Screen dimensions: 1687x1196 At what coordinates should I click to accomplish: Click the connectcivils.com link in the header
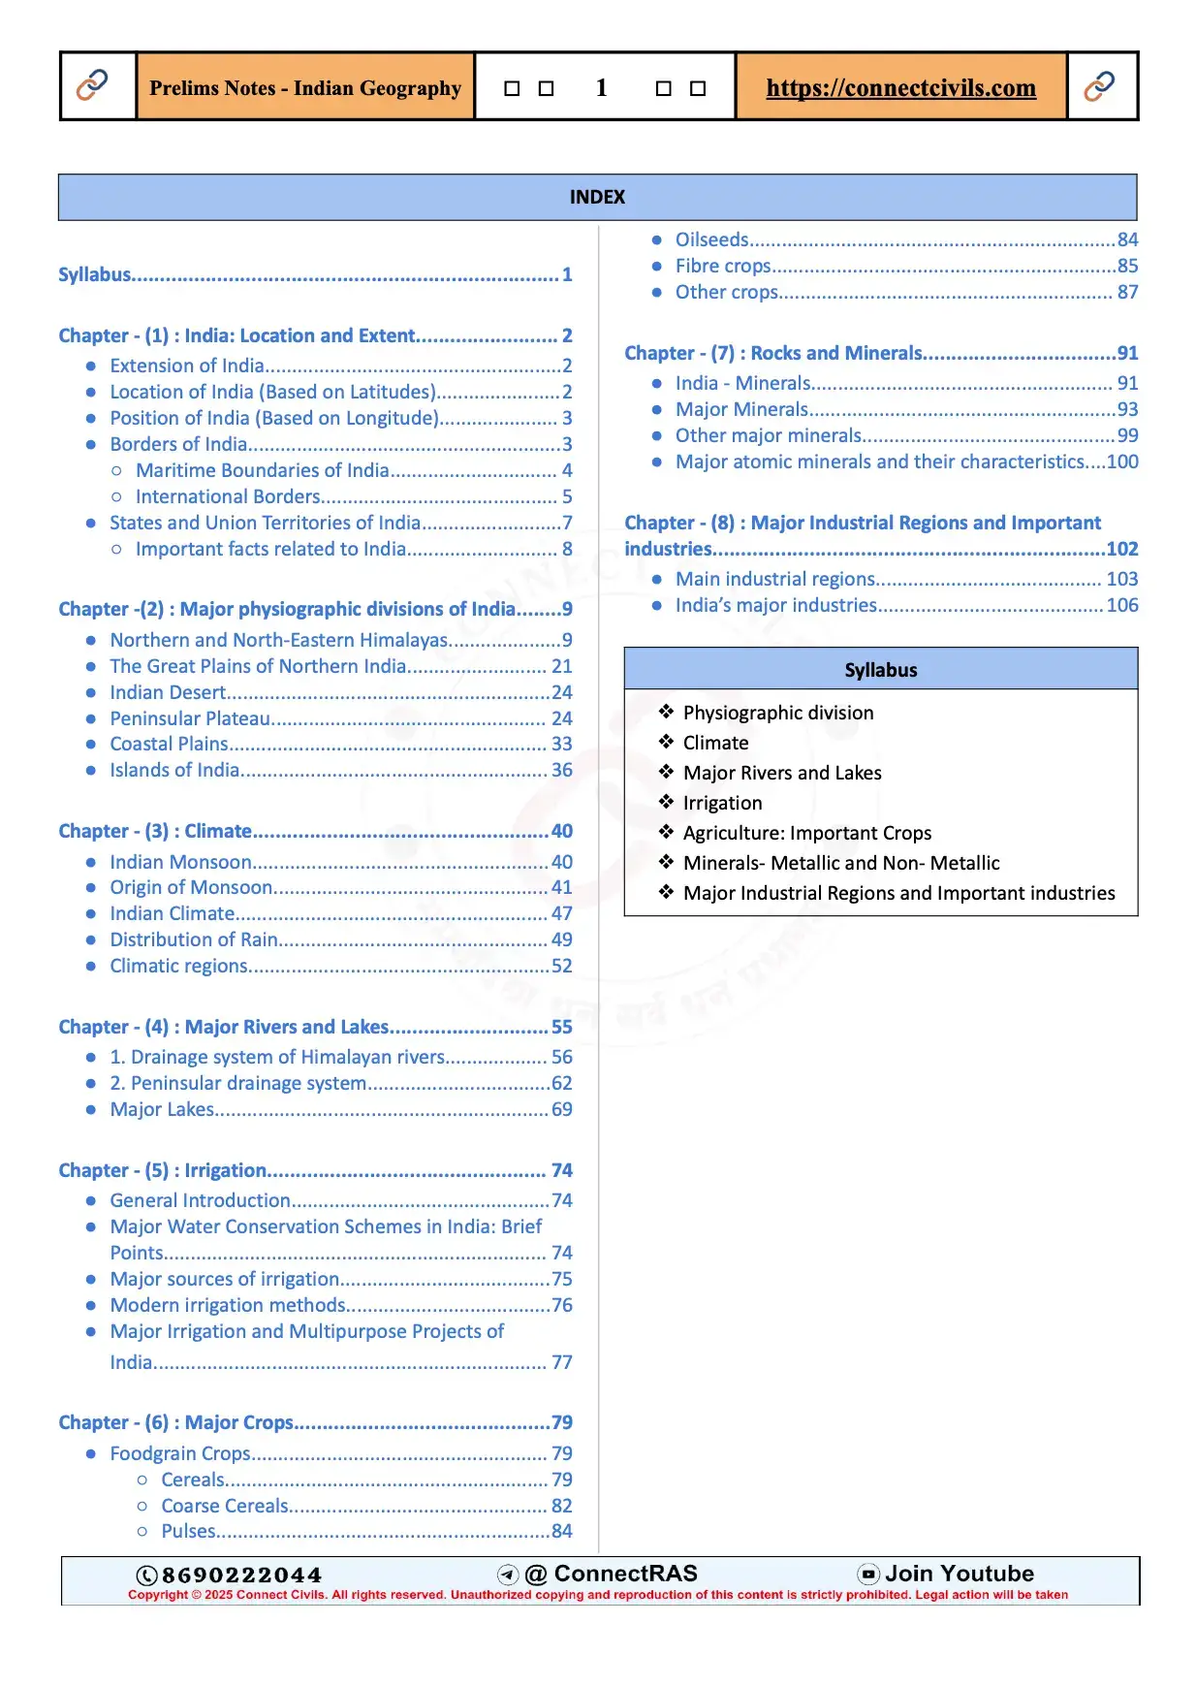tap(900, 88)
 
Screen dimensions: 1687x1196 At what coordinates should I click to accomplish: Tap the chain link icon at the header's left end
tap(92, 85)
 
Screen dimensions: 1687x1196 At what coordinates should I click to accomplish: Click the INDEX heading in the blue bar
tap(597, 197)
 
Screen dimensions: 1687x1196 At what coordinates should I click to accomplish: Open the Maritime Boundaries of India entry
tap(262, 470)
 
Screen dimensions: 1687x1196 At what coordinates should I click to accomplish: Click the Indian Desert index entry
tap(168, 692)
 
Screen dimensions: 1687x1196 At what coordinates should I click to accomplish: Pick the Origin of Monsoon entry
tap(191, 887)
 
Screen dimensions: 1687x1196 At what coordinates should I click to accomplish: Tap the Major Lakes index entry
tap(162, 1109)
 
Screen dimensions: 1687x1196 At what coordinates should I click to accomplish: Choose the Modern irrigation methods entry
tap(228, 1305)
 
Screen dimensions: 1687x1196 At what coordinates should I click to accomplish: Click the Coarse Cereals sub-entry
tap(225, 1506)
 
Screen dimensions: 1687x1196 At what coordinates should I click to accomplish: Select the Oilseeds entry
tap(712, 239)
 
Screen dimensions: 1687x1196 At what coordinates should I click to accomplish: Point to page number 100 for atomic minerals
tap(1122, 462)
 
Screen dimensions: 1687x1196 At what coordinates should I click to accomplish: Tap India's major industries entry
tap(775, 605)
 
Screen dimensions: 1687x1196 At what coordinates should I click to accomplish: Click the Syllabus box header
tap(880, 670)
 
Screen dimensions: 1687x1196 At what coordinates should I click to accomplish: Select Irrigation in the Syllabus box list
tap(722, 803)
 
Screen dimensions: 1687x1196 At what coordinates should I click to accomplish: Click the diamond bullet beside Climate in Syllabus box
tap(666, 742)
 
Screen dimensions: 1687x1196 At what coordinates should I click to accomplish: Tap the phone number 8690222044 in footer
tap(241, 1575)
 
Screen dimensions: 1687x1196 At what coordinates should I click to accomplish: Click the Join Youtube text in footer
tap(959, 1574)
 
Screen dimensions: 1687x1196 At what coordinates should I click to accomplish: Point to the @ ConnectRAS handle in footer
tap(612, 1574)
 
